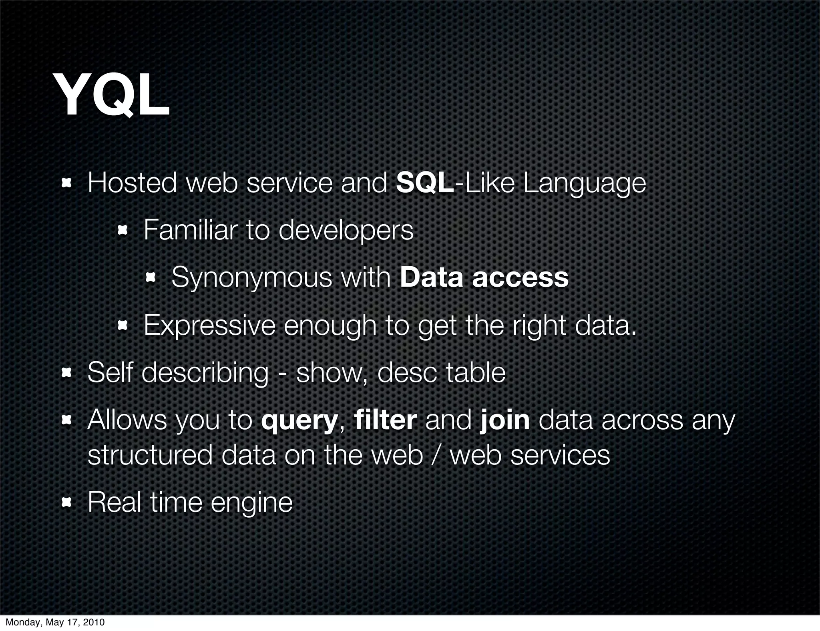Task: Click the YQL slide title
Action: (113, 96)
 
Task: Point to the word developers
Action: (346, 231)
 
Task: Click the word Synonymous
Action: (252, 278)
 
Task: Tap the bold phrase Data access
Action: (484, 277)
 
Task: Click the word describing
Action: (205, 373)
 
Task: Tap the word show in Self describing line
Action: (329, 372)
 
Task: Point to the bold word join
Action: (504, 420)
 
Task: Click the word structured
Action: (150, 455)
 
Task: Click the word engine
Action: (251, 503)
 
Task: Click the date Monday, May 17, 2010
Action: (55, 623)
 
